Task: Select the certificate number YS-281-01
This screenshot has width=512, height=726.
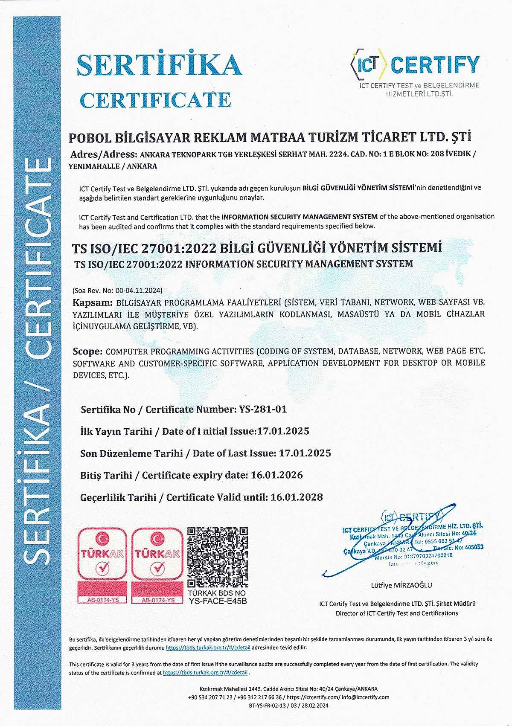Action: click(x=261, y=409)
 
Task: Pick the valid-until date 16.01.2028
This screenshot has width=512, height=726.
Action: click(x=297, y=497)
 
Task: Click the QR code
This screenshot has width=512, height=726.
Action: click(x=218, y=558)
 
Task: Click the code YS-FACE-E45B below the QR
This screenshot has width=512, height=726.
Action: click(x=218, y=601)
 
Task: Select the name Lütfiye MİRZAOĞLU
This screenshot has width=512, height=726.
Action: click(x=401, y=585)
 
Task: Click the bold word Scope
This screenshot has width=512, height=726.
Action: click(x=87, y=352)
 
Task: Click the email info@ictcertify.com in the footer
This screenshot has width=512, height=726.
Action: click(x=366, y=697)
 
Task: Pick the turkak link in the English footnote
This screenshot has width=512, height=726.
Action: click(x=206, y=673)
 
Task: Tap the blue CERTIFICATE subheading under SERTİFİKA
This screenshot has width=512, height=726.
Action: click(x=155, y=100)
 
